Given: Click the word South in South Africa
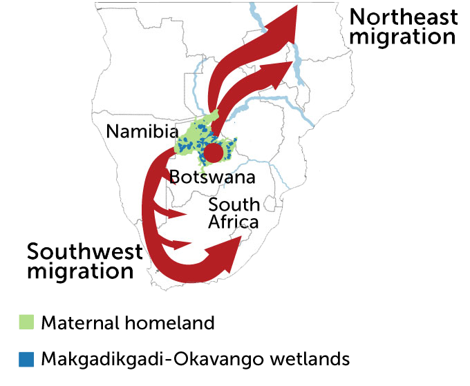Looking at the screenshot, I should click(234, 204).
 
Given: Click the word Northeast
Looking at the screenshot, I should click(404, 17).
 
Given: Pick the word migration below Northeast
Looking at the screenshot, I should click(404, 36).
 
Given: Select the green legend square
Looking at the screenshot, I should click(26, 322).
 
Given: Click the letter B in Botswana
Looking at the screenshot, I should click(176, 177).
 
